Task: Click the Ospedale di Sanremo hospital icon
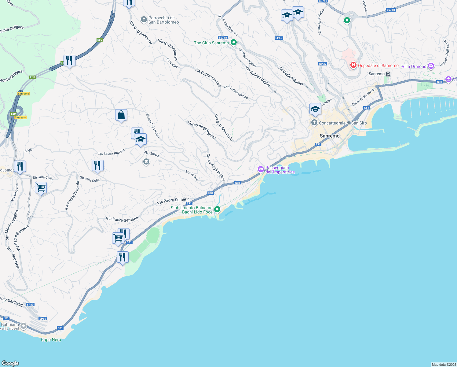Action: [x=353, y=65]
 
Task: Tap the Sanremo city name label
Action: [x=330, y=136]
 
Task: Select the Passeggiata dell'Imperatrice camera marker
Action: [x=261, y=169]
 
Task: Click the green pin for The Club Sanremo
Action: [x=234, y=43]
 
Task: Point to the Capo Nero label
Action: [x=51, y=339]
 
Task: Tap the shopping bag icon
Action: [x=121, y=115]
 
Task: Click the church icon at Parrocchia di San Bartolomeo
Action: [x=144, y=20]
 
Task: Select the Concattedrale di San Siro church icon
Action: [x=314, y=123]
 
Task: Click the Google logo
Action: [x=10, y=363]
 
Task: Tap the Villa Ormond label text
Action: [x=414, y=66]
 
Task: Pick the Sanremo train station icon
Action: [x=388, y=74]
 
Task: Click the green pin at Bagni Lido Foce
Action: [x=217, y=209]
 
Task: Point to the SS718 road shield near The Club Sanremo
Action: [x=223, y=38]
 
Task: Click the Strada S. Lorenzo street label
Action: [x=152, y=126]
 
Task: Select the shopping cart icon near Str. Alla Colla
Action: [x=41, y=187]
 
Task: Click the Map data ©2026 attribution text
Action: [x=444, y=365]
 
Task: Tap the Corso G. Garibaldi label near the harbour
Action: [x=363, y=97]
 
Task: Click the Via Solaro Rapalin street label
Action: [x=112, y=153]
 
